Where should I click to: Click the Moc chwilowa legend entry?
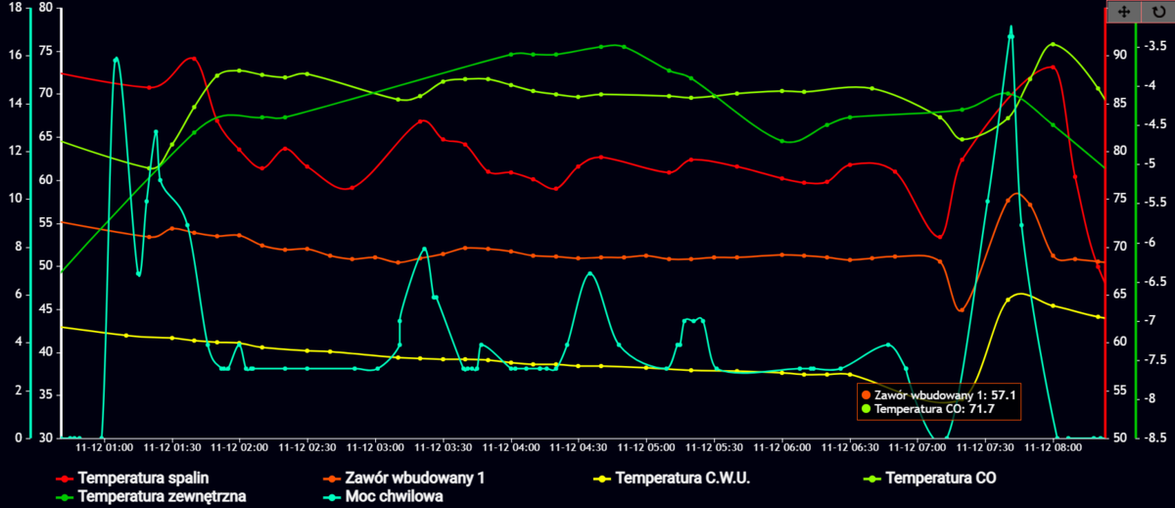tap(396, 496)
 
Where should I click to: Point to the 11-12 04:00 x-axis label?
tap(512, 447)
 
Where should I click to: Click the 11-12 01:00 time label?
tap(106, 447)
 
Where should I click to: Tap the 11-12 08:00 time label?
tap(1054, 447)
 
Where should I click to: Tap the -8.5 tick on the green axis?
tap(1155, 438)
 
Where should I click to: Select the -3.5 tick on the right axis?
tap(1155, 46)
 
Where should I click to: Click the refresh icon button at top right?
tap(1159, 11)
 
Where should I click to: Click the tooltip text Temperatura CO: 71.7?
tap(934, 409)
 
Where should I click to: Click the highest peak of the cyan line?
tap(1011, 27)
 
